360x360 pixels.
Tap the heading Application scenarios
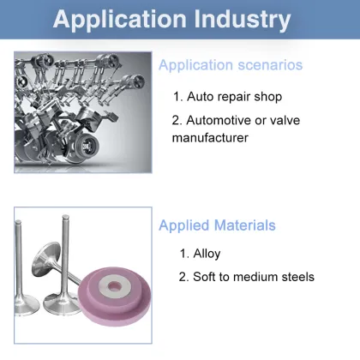click(230, 65)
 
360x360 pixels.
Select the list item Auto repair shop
click(229, 97)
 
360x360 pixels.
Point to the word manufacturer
click(211, 136)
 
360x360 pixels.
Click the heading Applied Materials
click(217, 225)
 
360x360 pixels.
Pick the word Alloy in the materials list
click(207, 254)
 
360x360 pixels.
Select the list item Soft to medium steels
click(246, 277)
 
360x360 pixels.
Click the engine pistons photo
click(82, 111)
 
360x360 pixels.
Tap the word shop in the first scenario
click(267, 97)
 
